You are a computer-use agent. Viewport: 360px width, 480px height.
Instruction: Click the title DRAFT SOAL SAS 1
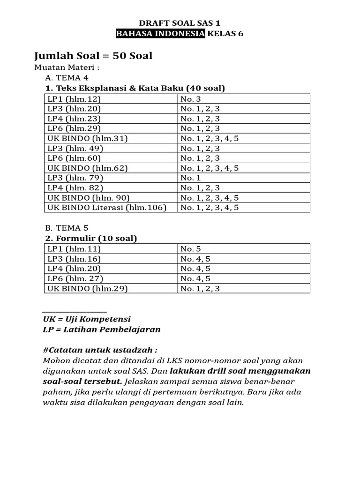click(x=180, y=22)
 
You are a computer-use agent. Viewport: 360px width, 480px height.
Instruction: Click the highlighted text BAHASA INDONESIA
click(x=160, y=33)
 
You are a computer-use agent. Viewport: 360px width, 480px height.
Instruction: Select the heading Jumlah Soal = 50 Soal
click(x=93, y=56)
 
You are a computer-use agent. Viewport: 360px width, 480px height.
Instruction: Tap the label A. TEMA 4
click(x=67, y=77)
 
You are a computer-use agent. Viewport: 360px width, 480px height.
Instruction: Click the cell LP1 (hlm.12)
click(x=74, y=99)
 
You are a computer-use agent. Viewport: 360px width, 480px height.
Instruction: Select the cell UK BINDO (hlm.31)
click(x=88, y=138)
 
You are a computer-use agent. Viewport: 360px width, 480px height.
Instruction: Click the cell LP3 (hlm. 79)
click(x=75, y=178)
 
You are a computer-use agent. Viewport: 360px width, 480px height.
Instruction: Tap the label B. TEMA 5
click(x=67, y=228)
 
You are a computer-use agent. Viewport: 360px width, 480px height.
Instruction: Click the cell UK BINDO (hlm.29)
click(x=88, y=288)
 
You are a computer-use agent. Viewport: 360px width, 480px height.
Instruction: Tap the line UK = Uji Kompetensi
click(x=86, y=319)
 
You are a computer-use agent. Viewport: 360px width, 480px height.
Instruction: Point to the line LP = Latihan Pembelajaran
click(x=101, y=329)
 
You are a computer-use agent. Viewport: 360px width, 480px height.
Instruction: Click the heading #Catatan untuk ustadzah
click(x=100, y=350)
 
